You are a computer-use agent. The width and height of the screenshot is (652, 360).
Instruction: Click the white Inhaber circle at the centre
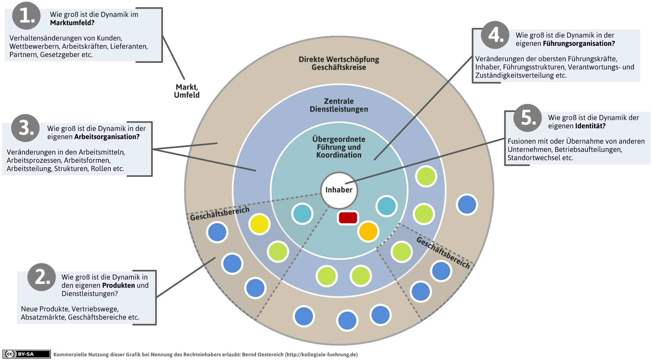point(339,190)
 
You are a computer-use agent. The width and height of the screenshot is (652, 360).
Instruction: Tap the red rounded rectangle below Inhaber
point(348,218)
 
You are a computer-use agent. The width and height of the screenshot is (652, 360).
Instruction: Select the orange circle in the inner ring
point(368,232)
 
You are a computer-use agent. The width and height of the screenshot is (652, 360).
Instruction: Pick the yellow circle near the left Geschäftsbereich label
point(259,224)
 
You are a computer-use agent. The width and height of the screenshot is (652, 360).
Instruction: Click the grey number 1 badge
point(26,16)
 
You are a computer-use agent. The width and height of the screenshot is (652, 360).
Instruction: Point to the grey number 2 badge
point(42,277)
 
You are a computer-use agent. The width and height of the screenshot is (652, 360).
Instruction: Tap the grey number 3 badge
point(25,128)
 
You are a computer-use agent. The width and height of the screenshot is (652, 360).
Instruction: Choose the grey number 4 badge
point(495,35)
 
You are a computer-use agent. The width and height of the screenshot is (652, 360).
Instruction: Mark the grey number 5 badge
point(528,118)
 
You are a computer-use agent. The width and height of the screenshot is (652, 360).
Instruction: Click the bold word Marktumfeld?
point(72,23)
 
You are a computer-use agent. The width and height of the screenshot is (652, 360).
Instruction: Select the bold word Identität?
point(590,126)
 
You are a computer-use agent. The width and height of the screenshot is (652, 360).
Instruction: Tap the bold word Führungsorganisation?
point(579,44)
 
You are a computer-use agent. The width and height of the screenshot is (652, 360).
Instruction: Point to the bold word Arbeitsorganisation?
point(107,137)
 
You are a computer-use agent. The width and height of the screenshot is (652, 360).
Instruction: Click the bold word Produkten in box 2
point(119,285)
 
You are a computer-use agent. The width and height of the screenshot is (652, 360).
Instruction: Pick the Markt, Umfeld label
point(187,91)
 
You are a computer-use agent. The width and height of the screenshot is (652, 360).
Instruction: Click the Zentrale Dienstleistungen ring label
point(339,105)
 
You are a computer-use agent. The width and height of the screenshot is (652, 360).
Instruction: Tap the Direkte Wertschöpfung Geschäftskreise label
point(339,63)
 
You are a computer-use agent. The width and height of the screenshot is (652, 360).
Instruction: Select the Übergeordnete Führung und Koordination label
point(339,147)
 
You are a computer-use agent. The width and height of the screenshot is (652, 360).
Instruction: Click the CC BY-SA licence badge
point(26,354)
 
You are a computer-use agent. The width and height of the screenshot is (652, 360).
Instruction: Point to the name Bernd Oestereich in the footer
point(263,355)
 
